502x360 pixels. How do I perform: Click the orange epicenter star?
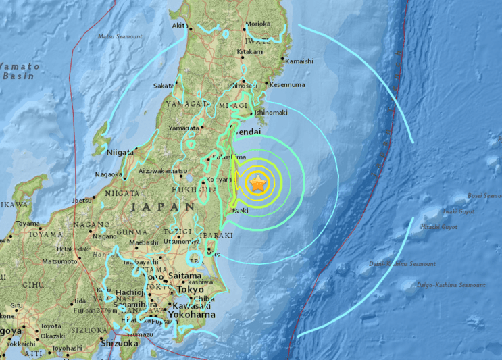point(257,182)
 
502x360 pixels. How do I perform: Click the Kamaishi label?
point(299,61)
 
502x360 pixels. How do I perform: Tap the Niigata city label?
point(120,152)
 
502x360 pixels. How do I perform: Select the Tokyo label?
point(190,290)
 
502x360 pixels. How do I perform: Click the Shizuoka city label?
point(120,342)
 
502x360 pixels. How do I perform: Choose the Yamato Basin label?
point(19,71)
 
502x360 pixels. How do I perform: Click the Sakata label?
point(164,86)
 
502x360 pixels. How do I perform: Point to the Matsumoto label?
point(59,261)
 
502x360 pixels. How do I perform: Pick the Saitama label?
point(184,276)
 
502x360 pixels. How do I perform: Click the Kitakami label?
point(250,52)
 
